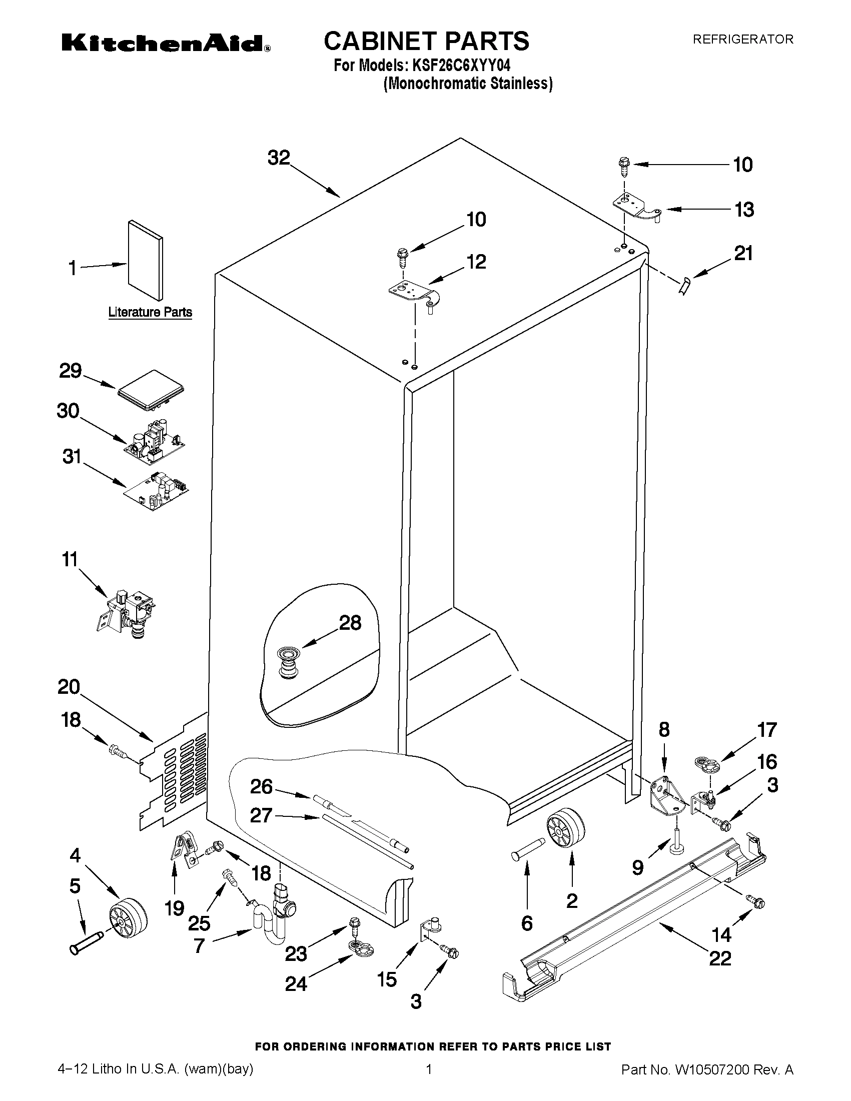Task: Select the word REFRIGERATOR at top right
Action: pyautogui.click(x=742, y=40)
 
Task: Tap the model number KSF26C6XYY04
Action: pyautogui.click(x=462, y=66)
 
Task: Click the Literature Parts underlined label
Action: pyautogui.click(x=150, y=312)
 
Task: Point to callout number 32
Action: pyautogui.click(x=279, y=158)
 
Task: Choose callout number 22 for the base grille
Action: pyautogui.click(x=719, y=957)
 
